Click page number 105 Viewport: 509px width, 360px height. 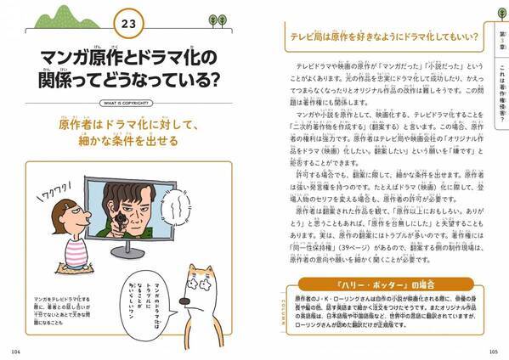point(495,349)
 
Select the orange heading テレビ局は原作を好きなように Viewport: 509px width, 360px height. point(374,36)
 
